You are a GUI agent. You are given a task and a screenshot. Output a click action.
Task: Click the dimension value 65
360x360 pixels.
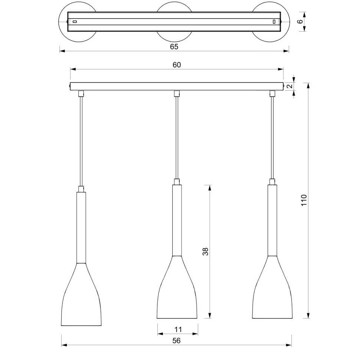click(174, 46)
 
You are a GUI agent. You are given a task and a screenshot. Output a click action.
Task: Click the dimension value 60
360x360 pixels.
click(177, 65)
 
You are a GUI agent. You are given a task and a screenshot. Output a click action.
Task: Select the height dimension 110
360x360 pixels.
click(304, 200)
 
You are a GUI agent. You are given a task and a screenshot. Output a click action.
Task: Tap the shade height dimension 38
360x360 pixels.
click(206, 251)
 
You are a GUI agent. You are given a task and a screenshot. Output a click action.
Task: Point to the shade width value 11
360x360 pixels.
click(178, 329)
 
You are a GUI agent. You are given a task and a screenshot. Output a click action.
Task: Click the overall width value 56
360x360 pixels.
click(176, 341)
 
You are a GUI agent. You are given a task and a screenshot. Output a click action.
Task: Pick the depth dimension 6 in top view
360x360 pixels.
click(300, 22)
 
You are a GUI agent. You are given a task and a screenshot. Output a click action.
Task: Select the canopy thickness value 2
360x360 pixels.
click(290, 86)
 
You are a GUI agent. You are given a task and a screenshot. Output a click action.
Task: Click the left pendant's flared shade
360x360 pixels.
click(81, 301)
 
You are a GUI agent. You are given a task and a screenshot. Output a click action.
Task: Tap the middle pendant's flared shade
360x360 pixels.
click(177, 293)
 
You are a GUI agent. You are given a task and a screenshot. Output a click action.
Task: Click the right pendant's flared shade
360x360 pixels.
click(272, 293)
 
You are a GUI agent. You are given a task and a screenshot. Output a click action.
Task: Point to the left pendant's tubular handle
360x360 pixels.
click(81, 226)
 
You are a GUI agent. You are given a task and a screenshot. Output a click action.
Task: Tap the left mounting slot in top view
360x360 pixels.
click(75, 22)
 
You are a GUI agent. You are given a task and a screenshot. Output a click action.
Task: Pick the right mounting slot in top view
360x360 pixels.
click(274, 22)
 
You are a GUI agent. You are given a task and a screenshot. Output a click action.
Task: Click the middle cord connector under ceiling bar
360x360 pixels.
click(177, 94)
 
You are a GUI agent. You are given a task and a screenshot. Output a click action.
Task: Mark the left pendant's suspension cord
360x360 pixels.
click(81, 141)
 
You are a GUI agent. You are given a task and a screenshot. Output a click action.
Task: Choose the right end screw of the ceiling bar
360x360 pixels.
click(284, 86)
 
